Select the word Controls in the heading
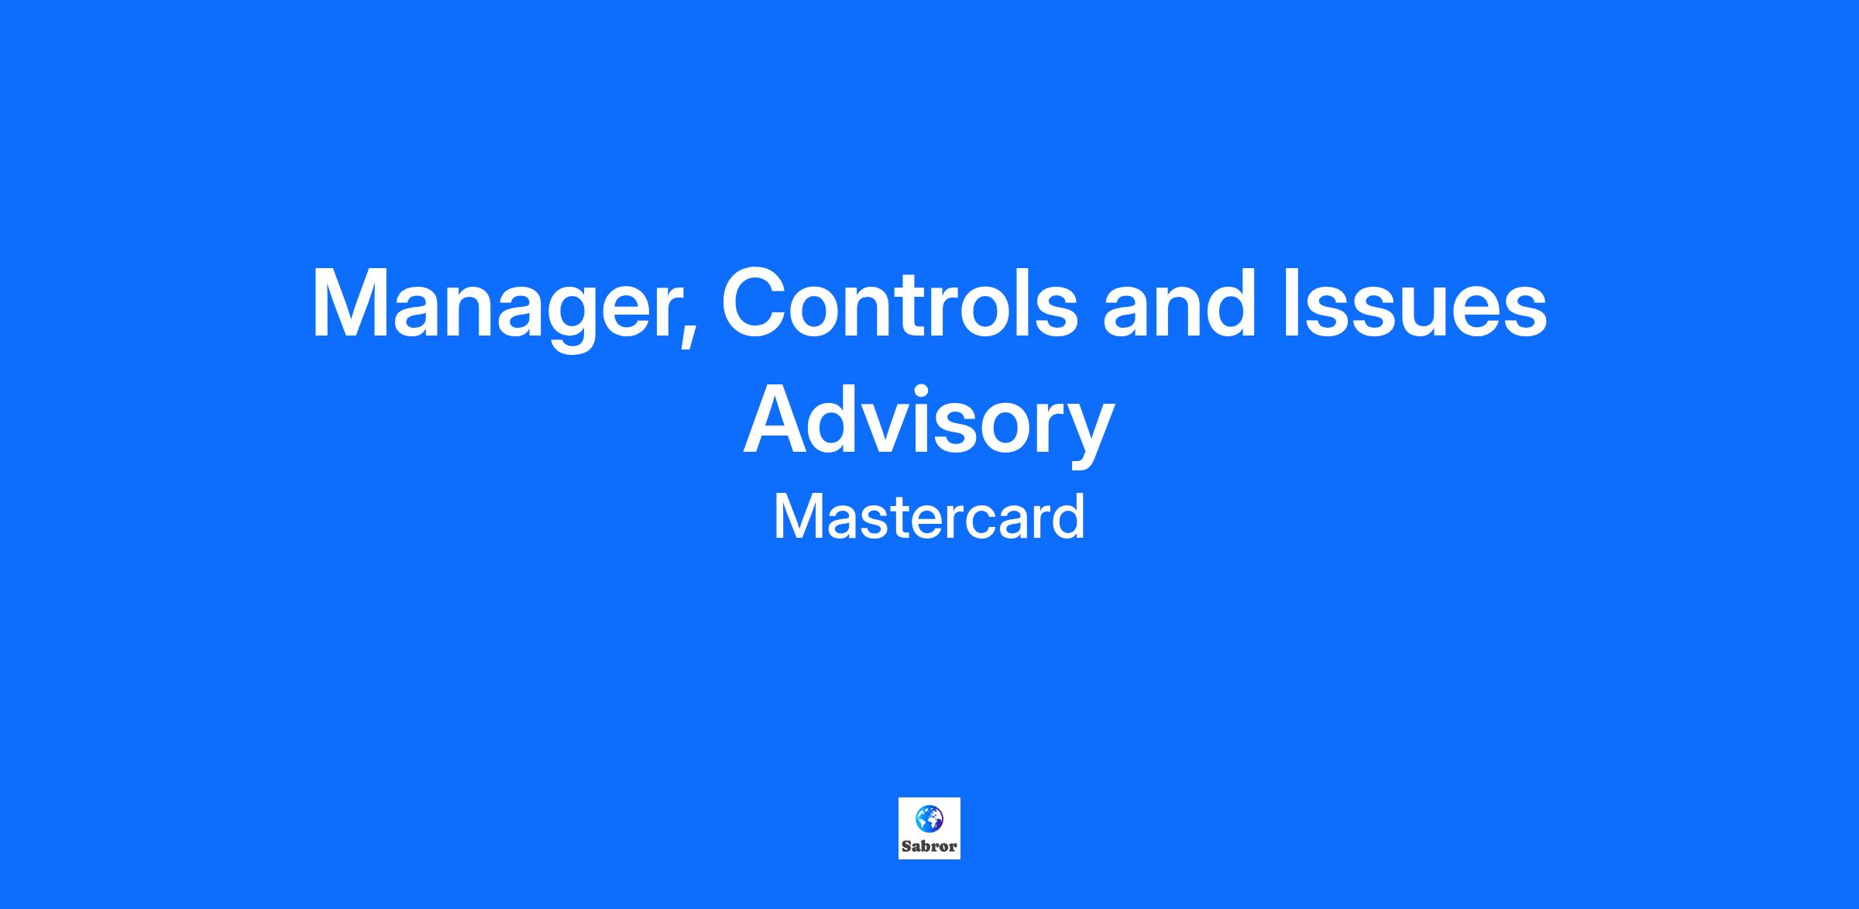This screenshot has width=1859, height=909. [899, 303]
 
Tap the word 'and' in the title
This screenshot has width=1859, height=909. [1178, 303]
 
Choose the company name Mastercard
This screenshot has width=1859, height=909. [929, 517]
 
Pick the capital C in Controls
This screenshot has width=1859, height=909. [758, 303]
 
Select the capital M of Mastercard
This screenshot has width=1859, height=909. [798, 517]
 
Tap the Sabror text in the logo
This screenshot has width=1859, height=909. [929, 846]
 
